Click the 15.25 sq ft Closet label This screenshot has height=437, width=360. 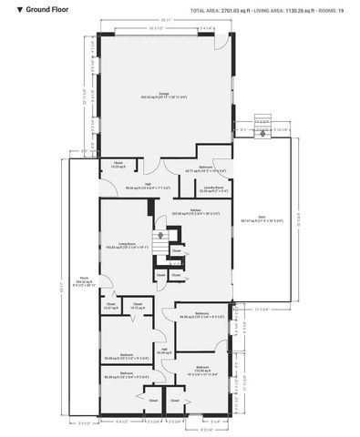pos(118,166)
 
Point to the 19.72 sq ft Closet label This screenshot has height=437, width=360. pos(138,308)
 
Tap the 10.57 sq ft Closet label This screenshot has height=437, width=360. pos(111,308)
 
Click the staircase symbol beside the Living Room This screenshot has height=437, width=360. pos(161,246)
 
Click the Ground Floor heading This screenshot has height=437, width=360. pos(38,9)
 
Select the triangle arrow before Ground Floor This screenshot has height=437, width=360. pos(7,9)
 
